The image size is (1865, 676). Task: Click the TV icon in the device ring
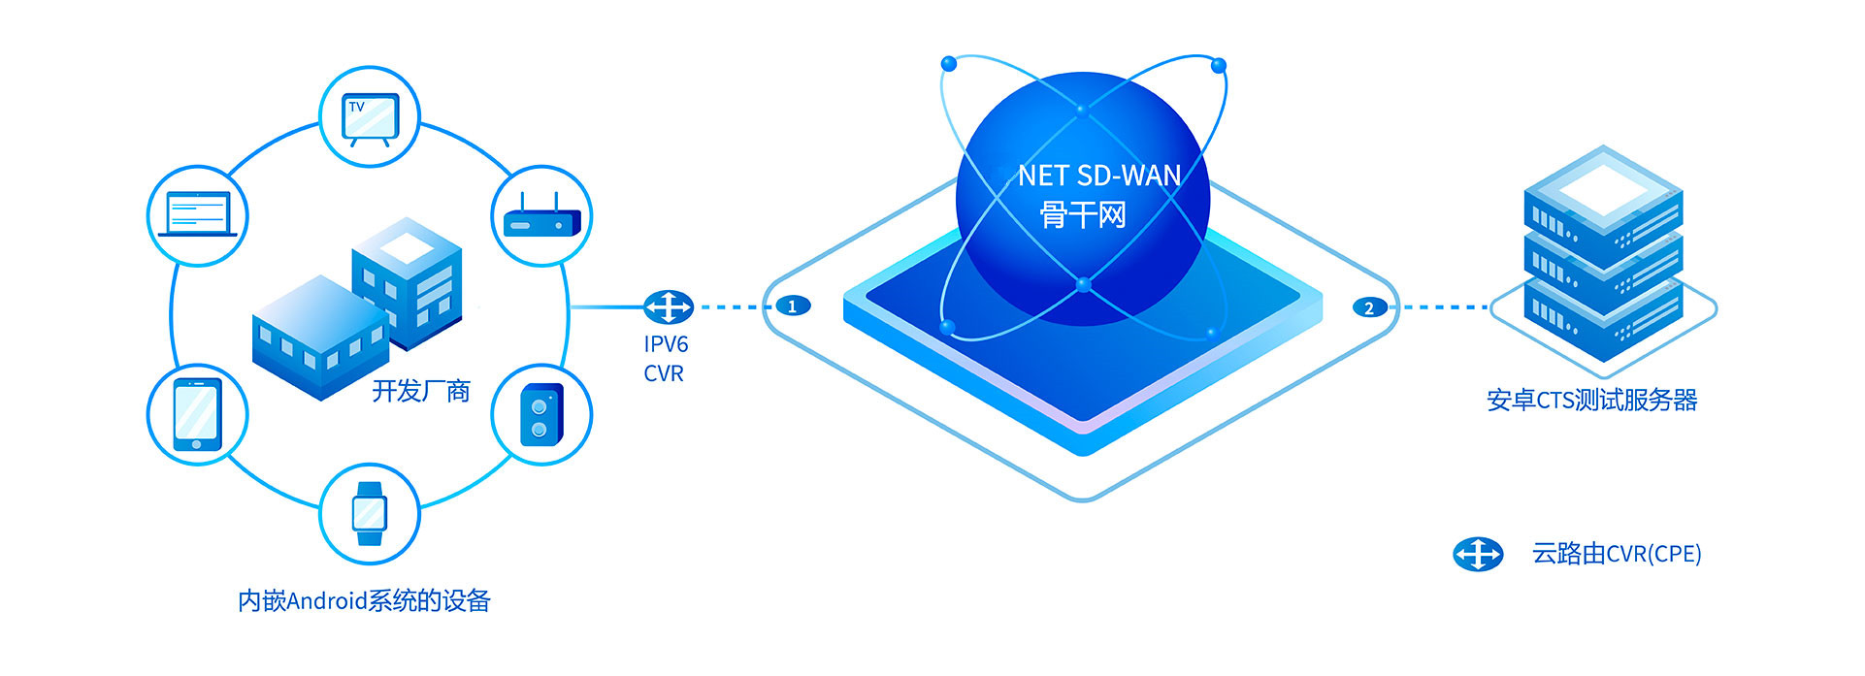click(x=370, y=118)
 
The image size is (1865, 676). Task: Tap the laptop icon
click(x=198, y=214)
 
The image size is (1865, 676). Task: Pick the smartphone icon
click(x=197, y=414)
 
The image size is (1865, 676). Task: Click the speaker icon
click(x=541, y=415)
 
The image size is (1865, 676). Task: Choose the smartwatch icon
click(x=370, y=514)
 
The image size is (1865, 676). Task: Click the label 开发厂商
click(x=421, y=391)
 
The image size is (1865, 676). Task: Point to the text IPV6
click(x=666, y=344)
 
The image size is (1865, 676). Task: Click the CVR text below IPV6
click(x=664, y=373)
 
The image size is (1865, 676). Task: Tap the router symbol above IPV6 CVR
click(x=669, y=307)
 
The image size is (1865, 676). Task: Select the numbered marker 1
click(x=793, y=306)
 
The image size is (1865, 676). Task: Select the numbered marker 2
click(x=1369, y=307)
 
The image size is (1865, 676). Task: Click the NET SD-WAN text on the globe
click(x=1099, y=176)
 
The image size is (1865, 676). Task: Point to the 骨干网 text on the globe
click(x=1083, y=214)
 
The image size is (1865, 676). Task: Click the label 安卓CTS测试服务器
click(x=1591, y=400)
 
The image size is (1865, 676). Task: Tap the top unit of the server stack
click(x=1603, y=205)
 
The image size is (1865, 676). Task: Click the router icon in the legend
click(x=1478, y=554)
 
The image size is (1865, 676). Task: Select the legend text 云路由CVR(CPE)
click(x=1617, y=554)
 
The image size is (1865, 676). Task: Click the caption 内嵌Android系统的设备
click(x=364, y=601)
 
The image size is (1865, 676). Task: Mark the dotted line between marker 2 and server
click(x=1440, y=307)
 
